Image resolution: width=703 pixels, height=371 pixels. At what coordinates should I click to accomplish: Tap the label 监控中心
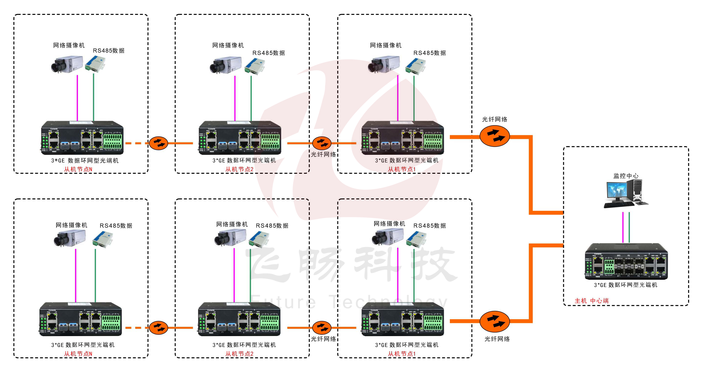coord(626,176)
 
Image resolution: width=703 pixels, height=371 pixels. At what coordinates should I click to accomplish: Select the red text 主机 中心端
coord(591,301)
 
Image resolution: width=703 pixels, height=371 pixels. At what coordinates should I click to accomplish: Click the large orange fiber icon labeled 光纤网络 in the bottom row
coord(494,321)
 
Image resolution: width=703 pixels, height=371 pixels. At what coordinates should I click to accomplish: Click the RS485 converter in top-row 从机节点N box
coord(95,64)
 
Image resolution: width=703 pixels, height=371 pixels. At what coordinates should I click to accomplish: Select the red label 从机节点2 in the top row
coord(239,169)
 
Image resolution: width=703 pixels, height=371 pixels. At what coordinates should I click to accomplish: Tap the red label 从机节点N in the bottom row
coord(78,354)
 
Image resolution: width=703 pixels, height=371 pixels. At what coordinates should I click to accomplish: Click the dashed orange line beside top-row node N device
coord(136,143)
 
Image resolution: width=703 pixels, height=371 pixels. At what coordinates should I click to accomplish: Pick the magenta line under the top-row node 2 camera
coord(235,98)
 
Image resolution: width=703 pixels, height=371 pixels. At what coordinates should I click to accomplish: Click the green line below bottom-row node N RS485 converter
coord(95,275)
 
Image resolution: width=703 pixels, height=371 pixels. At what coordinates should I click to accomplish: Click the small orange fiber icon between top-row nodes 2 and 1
coord(322,143)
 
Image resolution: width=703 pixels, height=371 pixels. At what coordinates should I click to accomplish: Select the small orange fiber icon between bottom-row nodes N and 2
coord(158,328)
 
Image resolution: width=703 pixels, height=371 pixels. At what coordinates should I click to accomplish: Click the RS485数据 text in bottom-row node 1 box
coord(429,226)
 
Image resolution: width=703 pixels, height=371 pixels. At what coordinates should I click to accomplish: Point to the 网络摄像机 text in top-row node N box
coord(69,45)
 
